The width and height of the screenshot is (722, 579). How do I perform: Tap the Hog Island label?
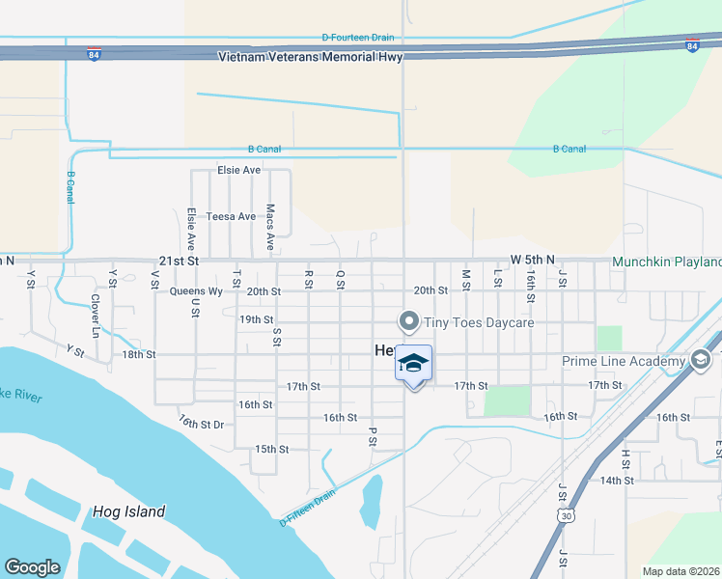coord(129,512)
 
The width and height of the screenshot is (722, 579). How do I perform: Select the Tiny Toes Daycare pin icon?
coord(409,321)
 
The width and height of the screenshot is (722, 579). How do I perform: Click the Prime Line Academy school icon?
coord(701,361)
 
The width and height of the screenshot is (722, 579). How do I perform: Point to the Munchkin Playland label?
coord(667,262)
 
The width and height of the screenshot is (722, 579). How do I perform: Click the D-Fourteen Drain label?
coord(358,38)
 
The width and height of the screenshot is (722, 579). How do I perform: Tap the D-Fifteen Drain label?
coord(308,509)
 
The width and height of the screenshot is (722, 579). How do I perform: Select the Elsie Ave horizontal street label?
coord(239,170)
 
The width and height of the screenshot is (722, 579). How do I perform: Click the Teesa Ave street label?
coord(231,217)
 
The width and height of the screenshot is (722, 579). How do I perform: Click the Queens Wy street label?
coord(196,290)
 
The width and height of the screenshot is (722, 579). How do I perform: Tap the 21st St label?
coord(179,262)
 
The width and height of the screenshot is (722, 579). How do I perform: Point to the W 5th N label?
coord(534,261)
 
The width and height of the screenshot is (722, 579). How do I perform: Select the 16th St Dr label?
coord(201,423)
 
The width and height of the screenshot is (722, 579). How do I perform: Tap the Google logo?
coord(32,567)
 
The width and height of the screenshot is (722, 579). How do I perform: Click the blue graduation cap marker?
coord(413,364)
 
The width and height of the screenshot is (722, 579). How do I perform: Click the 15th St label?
coord(272,449)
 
